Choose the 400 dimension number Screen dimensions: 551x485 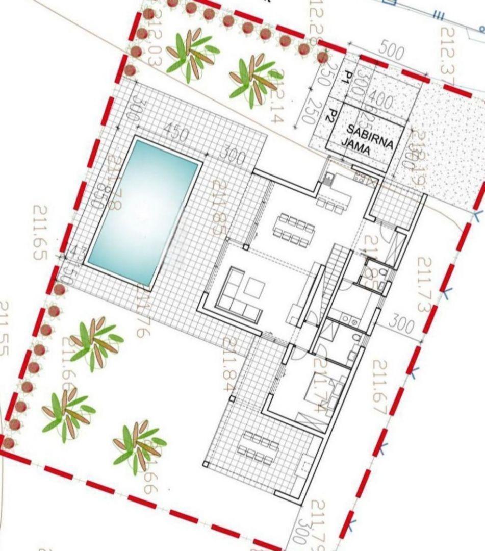coord(380,100)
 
